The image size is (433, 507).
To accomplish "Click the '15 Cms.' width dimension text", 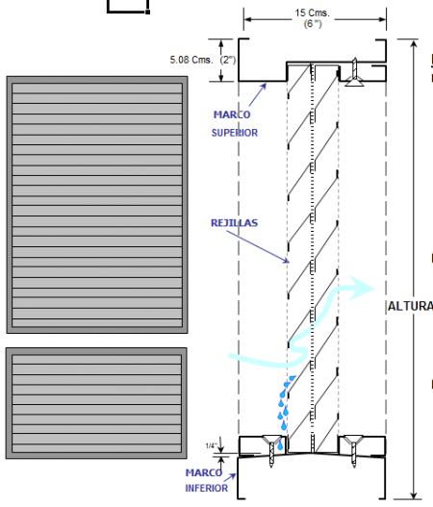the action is pos(312,13).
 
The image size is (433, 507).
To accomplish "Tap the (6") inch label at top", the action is pos(313,24).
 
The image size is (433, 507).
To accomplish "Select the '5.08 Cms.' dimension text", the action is pos(191,60).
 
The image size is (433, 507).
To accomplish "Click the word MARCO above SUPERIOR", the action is pos(232,114).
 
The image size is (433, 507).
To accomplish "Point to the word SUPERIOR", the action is pos(235,133).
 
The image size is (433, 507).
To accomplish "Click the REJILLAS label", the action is pos(234,223).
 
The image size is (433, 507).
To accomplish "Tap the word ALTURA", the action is pos(410,306).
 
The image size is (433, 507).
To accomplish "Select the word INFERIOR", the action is pos(206,488).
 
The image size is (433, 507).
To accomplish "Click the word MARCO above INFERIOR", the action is pos(204,472).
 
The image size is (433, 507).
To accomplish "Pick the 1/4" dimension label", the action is pos(211,445).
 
